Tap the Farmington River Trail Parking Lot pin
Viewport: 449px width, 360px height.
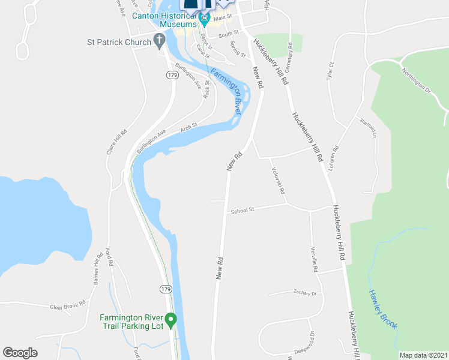pyautogui.click(x=170, y=320)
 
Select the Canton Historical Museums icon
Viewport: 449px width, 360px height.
pyautogui.click(x=204, y=22)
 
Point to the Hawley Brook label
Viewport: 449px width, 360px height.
pyautogui.click(x=382, y=308)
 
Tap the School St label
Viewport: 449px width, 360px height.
pyautogui.click(x=243, y=210)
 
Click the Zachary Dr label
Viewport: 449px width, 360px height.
pyautogui.click(x=305, y=293)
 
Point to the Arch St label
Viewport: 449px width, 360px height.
pyautogui.click(x=189, y=128)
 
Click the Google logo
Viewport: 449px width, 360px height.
pyautogui.click(x=20, y=352)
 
